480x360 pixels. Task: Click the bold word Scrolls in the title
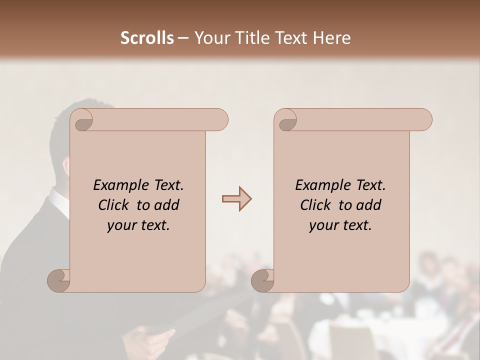coord(147,38)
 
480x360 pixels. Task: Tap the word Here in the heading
coord(331,38)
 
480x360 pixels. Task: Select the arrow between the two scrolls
coord(237,199)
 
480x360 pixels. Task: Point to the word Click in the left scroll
coord(114,205)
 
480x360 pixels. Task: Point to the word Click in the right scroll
coord(315,205)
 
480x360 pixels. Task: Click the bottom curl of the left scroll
coord(58,280)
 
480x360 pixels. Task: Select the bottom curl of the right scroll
coord(262,280)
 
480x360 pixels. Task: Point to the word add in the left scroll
coord(167,205)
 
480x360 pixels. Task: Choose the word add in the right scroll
coord(369,205)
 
